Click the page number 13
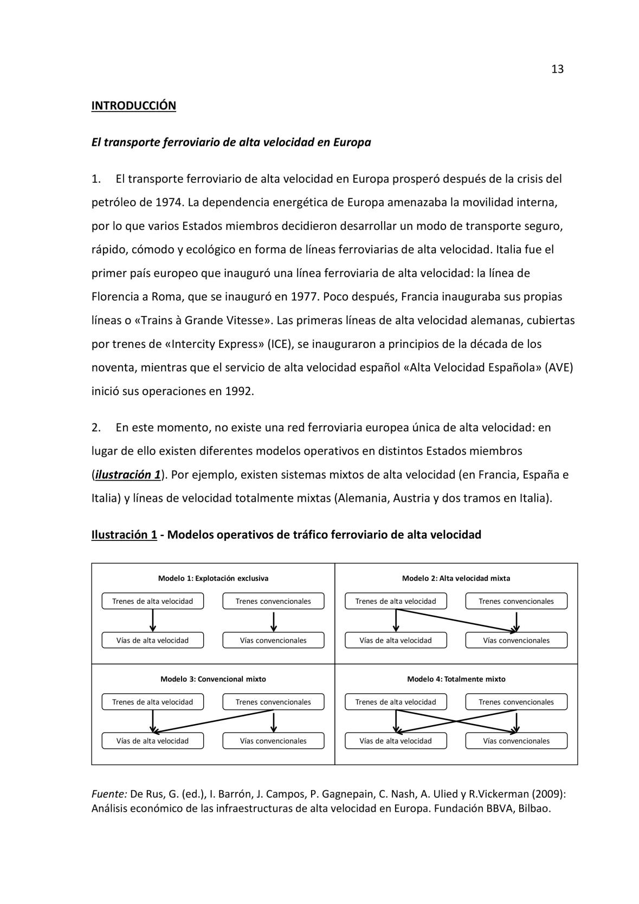coord(557,69)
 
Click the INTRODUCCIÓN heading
coord(133,106)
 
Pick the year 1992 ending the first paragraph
coord(238,391)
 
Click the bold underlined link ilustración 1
coord(128,475)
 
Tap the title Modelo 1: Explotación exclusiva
coord(213,578)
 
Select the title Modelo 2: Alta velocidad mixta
coord(456,578)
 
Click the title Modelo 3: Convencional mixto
coord(213,679)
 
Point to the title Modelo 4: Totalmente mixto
coord(456,679)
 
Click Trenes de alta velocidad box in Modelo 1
coord(152,601)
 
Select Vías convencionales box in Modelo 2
coord(516,640)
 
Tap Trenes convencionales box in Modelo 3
coord(273,702)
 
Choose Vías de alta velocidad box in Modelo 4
coord(396,741)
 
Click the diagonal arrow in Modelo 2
coord(456,620)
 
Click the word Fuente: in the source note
coord(109,794)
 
